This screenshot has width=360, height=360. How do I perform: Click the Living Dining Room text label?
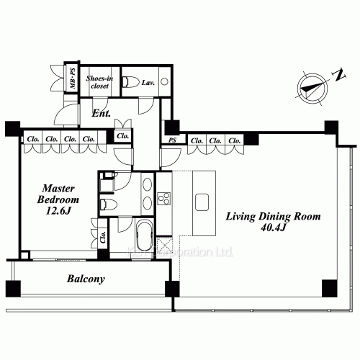point(273,216)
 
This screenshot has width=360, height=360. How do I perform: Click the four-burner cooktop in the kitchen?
point(163,197)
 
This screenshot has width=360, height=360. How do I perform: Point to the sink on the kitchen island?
point(202,201)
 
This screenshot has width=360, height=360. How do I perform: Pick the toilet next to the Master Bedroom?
point(107,204)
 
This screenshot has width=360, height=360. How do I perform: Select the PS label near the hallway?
point(172,140)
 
